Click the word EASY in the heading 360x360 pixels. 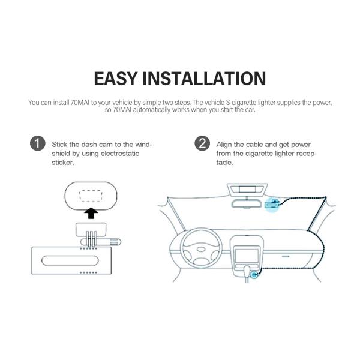pos(116,79)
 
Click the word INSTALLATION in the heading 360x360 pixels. pos(204,79)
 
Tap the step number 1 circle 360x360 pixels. pos(37,143)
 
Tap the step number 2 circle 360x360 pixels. pos(202,143)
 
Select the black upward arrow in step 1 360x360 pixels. pos(91,213)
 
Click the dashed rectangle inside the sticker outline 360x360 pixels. pos(91,196)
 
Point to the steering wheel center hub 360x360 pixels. pos(201,250)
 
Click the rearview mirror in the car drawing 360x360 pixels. pos(247,203)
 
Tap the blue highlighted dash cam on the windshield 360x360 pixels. pos(272,204)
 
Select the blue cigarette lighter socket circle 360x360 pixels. pos(254,274)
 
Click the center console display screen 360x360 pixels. pos(247,256)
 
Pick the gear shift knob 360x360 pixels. pos(247,271)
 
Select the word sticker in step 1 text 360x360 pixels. pos(63,163)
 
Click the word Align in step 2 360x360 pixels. pos(224,145)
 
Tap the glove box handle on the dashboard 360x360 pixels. pos(286,256)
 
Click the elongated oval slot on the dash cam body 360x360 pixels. pos(70,260)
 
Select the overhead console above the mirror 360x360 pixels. pos(247,190)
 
